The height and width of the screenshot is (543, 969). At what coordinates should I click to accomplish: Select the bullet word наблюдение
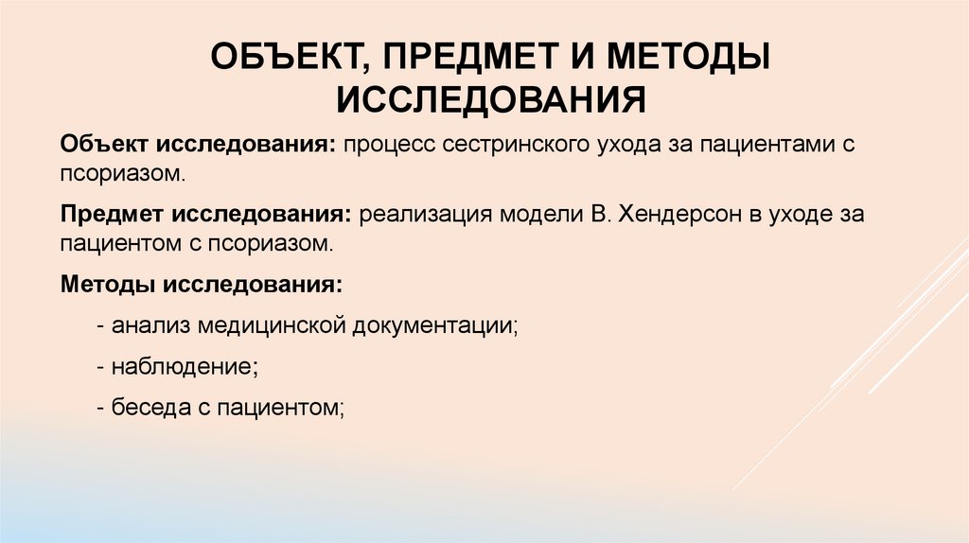tap(180, 366)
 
